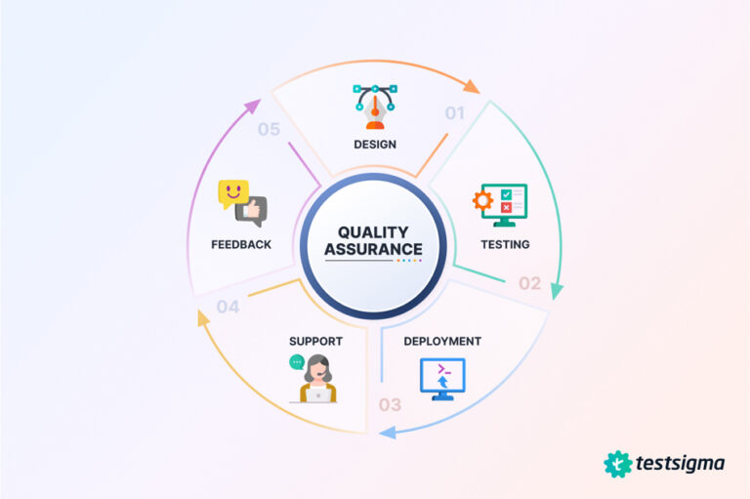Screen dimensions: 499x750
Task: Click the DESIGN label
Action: tap(376, 146)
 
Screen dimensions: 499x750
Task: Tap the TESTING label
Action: tap(505, 244)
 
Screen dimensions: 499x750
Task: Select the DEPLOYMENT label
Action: tap(441, 342)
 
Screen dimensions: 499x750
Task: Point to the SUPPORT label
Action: tap(315, 342)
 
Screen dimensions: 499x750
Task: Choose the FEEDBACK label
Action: tap(241, 244)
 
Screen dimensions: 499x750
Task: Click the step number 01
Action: tap(455, 112)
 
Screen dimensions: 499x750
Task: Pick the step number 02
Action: tap(529, 283)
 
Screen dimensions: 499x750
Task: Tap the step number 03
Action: tap(390, 404)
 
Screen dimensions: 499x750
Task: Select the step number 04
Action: tap(229, 307)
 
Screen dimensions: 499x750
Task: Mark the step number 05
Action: tap(270, 129)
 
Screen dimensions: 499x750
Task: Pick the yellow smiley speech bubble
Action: tap(232, 191)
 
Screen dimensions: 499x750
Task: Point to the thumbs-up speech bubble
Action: tap(255, 210)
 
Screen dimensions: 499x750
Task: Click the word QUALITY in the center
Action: tap(374, 232)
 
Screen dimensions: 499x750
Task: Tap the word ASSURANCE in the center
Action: tap(374, 249)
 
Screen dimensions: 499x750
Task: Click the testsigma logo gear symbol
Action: tap(618, 464)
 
